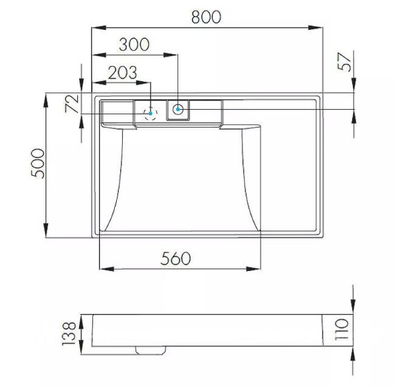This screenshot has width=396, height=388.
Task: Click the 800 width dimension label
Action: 206,17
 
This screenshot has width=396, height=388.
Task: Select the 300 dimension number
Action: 134,44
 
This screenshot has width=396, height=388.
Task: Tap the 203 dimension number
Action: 123,72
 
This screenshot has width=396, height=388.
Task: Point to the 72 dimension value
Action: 72,104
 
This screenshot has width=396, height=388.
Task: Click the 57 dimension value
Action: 345,62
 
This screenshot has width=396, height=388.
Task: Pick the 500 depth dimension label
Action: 38,164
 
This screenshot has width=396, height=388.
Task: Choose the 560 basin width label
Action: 176,258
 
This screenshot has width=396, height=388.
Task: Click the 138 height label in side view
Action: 69,333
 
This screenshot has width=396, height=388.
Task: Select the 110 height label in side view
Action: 341,330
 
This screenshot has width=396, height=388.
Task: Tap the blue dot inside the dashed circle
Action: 150,113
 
